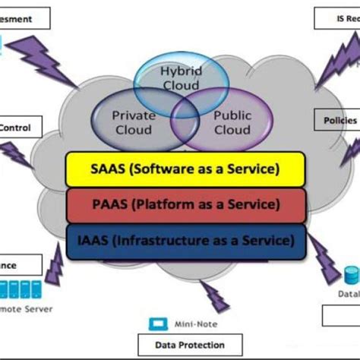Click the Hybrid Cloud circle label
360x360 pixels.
pyautogui.click(x=180, y=77)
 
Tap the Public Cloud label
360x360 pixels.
pyautogui.click(x=232, y=123)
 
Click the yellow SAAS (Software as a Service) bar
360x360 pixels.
pyautogui.click(x=185, y=168)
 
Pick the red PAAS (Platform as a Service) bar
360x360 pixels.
pyautogui.click(x=185, y=204)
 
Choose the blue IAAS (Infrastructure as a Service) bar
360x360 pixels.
pyautogui.click(x=185, y=241)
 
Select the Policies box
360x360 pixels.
pyautogui.click(x=339, y=120)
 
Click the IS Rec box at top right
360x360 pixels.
pyautogui.click(x=338, y=18)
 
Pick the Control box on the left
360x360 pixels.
pyautogui.click(x=15, y=128)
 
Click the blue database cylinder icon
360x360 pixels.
pyautogui.click(x=350, y=274)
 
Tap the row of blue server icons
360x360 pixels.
pyautogui.click(x=19, y=289)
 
